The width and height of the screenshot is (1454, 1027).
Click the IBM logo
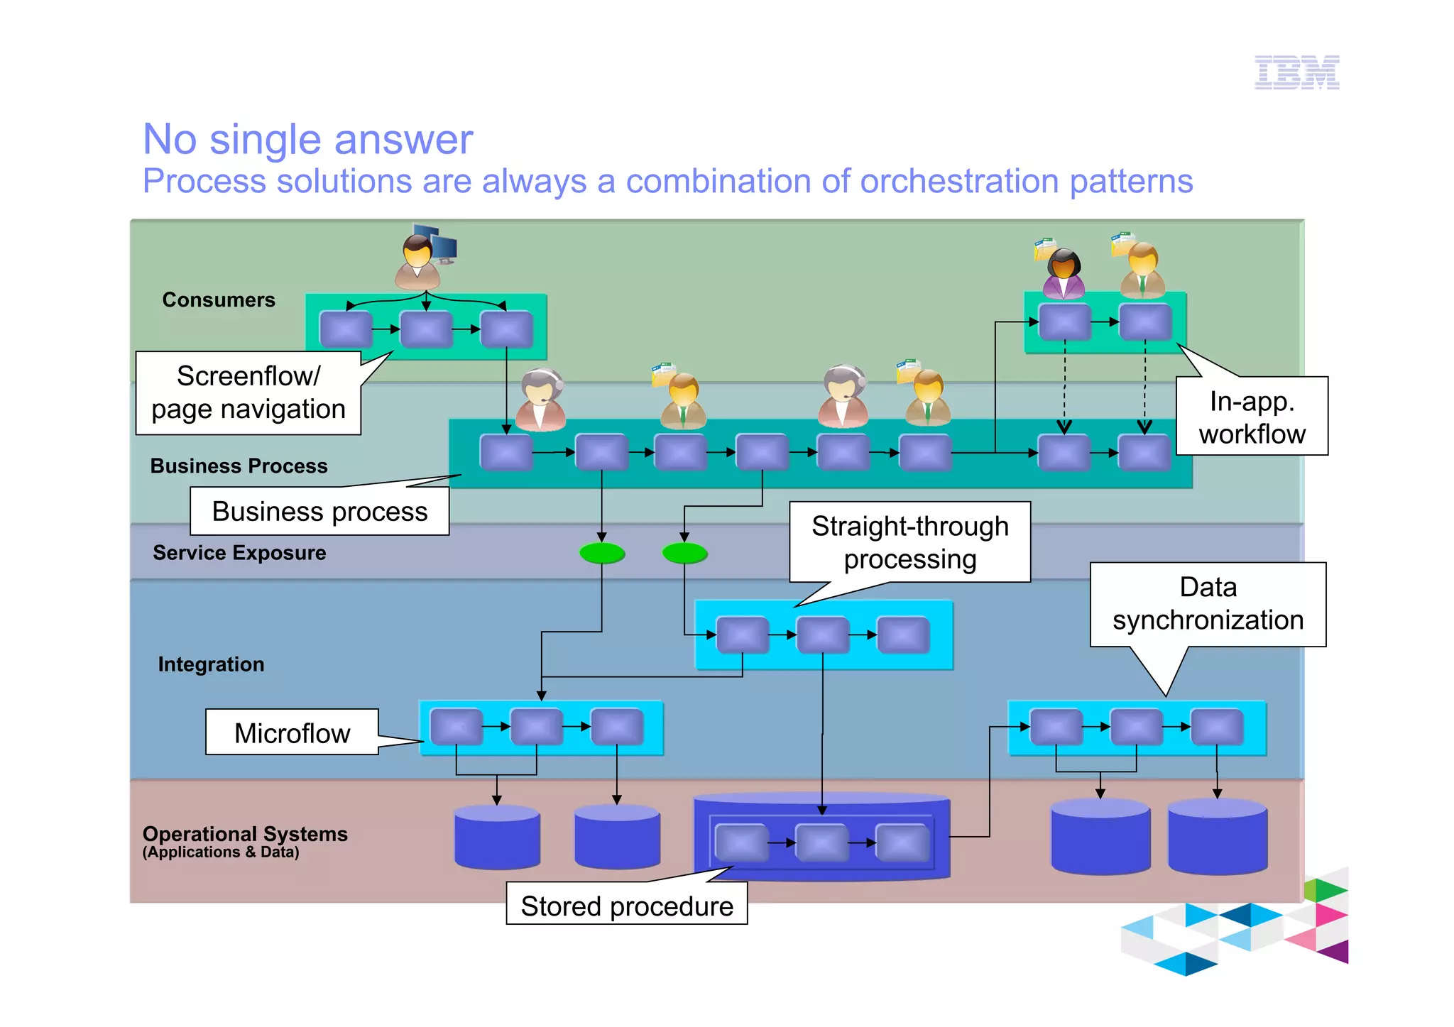click(1296, 72)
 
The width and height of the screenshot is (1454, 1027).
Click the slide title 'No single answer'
click(307, 139)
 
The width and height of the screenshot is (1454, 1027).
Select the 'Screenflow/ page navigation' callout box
click(248, 392)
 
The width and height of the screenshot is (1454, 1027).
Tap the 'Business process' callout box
click(319, 511)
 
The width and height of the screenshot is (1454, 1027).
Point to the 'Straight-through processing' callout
click(909, 542)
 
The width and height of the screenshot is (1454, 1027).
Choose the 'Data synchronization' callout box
click(1208, 604)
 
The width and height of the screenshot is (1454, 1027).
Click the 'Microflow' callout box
click(292, 732)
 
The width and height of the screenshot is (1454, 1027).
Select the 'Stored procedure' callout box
click(626, 905)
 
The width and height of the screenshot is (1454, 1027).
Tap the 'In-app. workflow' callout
click(1252, 417)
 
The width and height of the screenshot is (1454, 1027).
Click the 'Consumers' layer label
click(219, 300)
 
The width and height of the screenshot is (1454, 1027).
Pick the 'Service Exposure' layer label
click(239, 552)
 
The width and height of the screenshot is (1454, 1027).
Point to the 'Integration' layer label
click(211, 664)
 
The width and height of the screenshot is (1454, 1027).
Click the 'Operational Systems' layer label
click(245, 834)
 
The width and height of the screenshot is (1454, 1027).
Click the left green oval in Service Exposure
click(602, 553)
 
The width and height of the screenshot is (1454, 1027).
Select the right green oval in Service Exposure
click(684, 553)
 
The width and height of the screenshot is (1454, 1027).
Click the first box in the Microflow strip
click(457, 726)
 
